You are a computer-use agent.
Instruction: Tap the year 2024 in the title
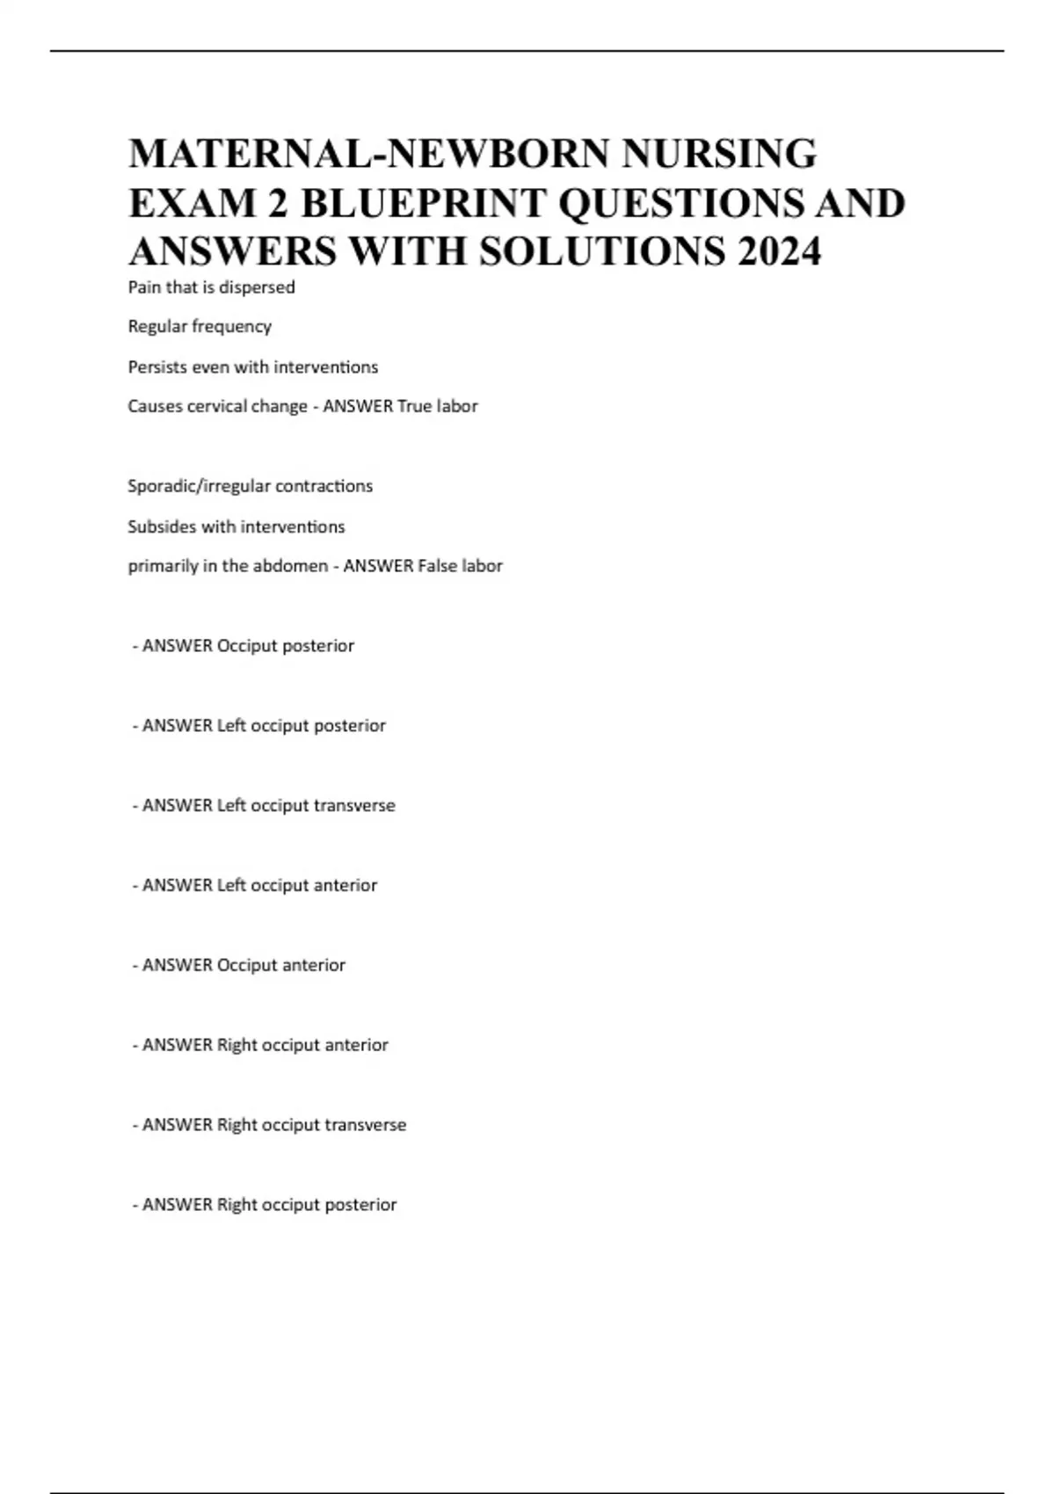[x=780, y=251]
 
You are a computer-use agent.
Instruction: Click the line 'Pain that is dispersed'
[x=211, y=287]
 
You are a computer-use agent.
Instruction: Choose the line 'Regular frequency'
[x=200, y=327]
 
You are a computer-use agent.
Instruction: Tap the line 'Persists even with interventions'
[x=252, y=366]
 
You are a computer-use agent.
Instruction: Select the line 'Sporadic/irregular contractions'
[x=250, y=486]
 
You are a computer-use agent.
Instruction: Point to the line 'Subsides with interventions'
[x=236, y=526]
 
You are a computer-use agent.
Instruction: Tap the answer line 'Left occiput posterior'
[x=259, y=726]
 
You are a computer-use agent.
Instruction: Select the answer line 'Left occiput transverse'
[x=264, y=806]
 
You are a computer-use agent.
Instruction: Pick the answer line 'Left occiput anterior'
[x=255, y=886]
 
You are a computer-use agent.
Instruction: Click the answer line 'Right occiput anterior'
[x=260, y=1045]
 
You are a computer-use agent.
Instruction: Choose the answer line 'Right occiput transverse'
[x=269, y=1125]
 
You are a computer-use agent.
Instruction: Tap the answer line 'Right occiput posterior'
[x=265, y=1205]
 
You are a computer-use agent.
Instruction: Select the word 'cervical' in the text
[x=218, y=406]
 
